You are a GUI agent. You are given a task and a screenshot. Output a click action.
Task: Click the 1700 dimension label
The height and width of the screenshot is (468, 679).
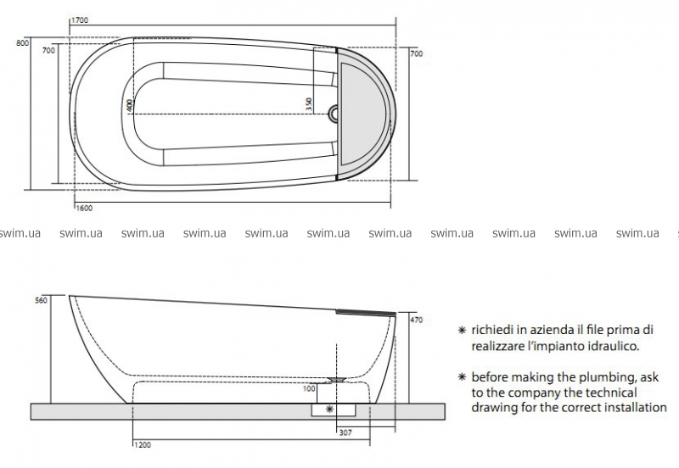coord(79,20)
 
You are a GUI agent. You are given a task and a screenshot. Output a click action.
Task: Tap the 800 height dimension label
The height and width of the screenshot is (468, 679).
coord(23,43)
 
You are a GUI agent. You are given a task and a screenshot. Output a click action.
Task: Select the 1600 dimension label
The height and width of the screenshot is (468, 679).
coord(84,208)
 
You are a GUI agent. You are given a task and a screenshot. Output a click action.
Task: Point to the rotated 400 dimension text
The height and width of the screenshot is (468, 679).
coord(130,105)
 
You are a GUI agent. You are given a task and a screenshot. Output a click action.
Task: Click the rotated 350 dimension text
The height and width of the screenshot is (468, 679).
coord(309,104)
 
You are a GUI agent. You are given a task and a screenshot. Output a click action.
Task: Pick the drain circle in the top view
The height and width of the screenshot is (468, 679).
coord(334,114)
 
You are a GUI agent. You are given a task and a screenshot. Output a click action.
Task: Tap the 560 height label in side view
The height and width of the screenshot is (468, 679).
coord(41,300)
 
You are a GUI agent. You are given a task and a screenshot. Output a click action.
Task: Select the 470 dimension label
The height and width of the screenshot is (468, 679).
coord(416,320)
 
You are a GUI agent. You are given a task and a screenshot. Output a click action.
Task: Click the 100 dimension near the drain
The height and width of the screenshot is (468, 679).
coord(309,389)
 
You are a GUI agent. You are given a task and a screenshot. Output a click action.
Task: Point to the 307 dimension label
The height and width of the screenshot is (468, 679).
coord(345,432)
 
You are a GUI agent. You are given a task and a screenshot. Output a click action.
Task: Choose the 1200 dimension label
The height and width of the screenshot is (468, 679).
coord(143,444)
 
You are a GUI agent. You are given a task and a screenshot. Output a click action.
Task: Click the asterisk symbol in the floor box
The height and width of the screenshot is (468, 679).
coord(330,409)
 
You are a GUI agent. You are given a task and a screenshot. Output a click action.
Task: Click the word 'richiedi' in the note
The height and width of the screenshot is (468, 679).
coord(491,330)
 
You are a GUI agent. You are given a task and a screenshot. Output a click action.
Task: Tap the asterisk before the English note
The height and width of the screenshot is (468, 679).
coord(462,376)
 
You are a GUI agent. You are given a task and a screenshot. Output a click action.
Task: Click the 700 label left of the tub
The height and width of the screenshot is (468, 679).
coord(48,51)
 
